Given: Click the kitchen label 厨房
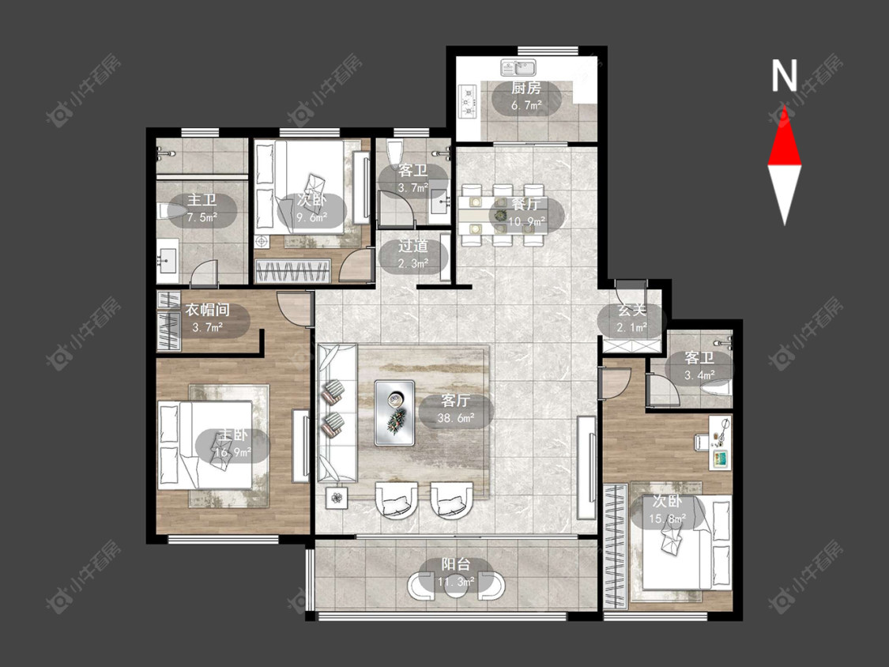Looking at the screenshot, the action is click(526, 88).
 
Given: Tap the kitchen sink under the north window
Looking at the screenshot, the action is click(519, 68).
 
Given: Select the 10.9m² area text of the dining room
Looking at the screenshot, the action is click(526, 220).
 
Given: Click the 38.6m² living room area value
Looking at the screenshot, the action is click(456, 419).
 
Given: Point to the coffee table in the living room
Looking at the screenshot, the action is click(394, 413).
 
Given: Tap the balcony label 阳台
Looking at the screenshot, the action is click(456, 564).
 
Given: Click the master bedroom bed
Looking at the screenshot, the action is click(205, 445).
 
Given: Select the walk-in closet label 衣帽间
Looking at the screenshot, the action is click(208, 311).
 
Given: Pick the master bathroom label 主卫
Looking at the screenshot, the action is click(202, 200).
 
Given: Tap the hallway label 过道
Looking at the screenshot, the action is click(412, 246).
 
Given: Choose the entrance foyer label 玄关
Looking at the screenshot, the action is click(631, 311).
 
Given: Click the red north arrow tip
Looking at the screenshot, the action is click(785, 106).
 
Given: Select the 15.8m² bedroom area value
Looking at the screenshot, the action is click(667, 518).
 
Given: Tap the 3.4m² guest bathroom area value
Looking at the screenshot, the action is click(699, 375).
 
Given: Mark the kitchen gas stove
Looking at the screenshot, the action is click(469, 101).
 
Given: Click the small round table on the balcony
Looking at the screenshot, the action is click(456, 586).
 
